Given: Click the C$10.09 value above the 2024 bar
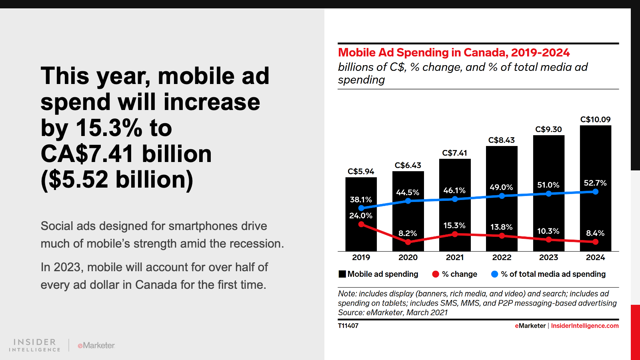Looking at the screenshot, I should click(x=595, y=120).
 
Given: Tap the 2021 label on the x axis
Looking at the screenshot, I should click(x=455, y=258).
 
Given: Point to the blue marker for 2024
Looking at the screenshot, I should click(x=596, y=192).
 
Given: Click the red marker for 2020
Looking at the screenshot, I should click(x=408, y=242).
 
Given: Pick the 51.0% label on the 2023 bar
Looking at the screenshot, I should click(x=548, y=185).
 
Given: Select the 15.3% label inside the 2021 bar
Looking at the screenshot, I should click(x=454, y=226).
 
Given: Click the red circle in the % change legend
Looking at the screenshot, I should click(x=436, y=274).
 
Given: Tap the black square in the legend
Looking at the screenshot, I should click(x=342, y=274).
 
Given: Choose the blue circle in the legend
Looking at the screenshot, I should click(x=494, y=274).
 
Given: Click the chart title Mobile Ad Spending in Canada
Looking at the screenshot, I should click(x=454, y=53).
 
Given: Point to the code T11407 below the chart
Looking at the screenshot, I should click(x=348, y=326).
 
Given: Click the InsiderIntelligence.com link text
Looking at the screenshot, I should click(x=584, y=326).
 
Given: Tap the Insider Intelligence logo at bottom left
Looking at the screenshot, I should click(x=35, y=345).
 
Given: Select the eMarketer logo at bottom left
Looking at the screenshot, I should click(x=96, y=345).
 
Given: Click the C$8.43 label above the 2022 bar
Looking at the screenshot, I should click(x=501, y=140).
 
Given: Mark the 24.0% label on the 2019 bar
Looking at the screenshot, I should click(x=361, y=216).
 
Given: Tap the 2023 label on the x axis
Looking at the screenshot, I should click(x=548, y=258).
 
